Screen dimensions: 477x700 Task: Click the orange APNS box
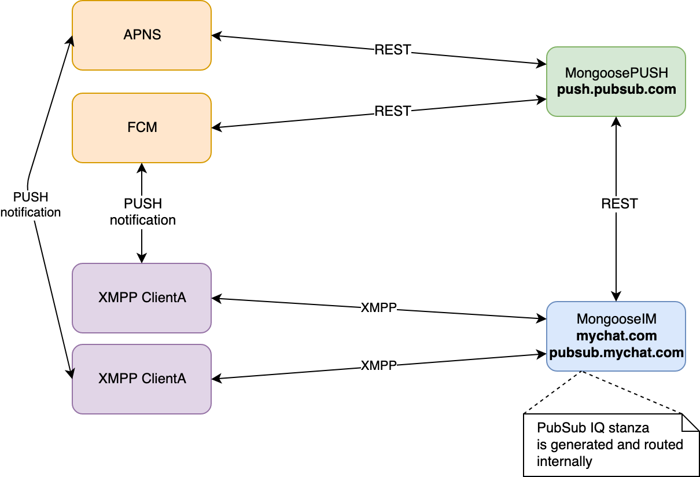click(x=142, y=35)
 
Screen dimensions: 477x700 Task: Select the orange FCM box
click(x=142, y=127)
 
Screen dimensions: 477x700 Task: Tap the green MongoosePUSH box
click(x=616, y=82)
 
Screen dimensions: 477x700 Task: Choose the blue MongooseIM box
click(x=616, y=336)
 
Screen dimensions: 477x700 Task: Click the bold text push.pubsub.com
click(x=617, y=89)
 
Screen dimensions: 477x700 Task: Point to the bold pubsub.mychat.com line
click(x=617, y=352)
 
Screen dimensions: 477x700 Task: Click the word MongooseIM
click(x=617, y=320)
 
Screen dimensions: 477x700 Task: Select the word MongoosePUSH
click(x=617, y=73)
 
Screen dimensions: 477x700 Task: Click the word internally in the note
click(x=564, y=461)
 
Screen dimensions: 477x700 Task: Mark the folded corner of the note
click(x=690, y=423)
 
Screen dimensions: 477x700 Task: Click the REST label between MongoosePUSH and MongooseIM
click(x=620, y=204)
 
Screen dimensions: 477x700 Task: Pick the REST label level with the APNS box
click(x=393, y=50)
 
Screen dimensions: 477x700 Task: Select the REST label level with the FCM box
click(x=393, y=111)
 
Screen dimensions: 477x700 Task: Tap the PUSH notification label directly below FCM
click(x=143, y=212)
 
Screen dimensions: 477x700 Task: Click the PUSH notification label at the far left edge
click(x=31, y=205)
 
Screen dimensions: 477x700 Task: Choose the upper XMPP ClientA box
click(x=142, y=298)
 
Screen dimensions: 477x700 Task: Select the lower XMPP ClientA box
click(x=142, y=379)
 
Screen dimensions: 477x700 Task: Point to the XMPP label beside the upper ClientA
click(x=379, y=308)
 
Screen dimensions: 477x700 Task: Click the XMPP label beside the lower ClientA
click(x=379, y=366)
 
